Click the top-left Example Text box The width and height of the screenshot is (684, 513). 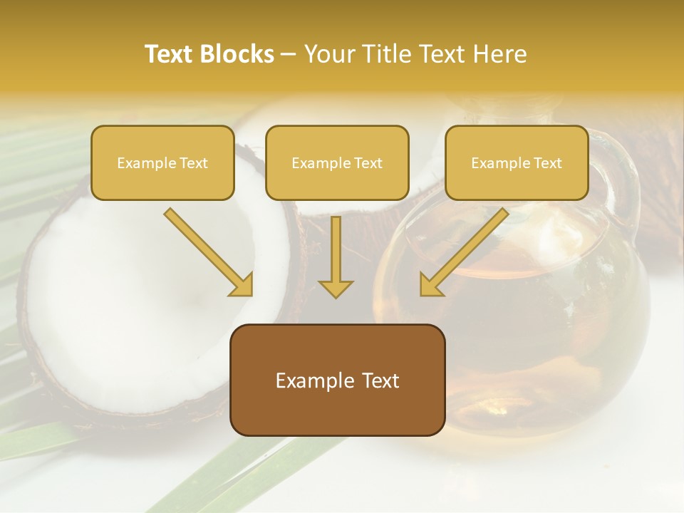click(x=162, y=163)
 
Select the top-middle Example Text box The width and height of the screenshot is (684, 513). click(x=337, y=163)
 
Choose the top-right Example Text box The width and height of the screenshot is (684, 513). click(x=517, y=163)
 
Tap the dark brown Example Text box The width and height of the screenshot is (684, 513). click(x=337, y=380)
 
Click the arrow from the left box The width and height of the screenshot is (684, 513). click(x=207, y=251)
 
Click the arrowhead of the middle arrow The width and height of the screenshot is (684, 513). click(x=336, y=288)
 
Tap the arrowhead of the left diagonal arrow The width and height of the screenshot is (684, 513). click(x=242, y=285)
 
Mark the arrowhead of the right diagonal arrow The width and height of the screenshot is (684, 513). click(x=430, y=285)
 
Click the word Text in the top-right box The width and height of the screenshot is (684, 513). click(x=546, y=163)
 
